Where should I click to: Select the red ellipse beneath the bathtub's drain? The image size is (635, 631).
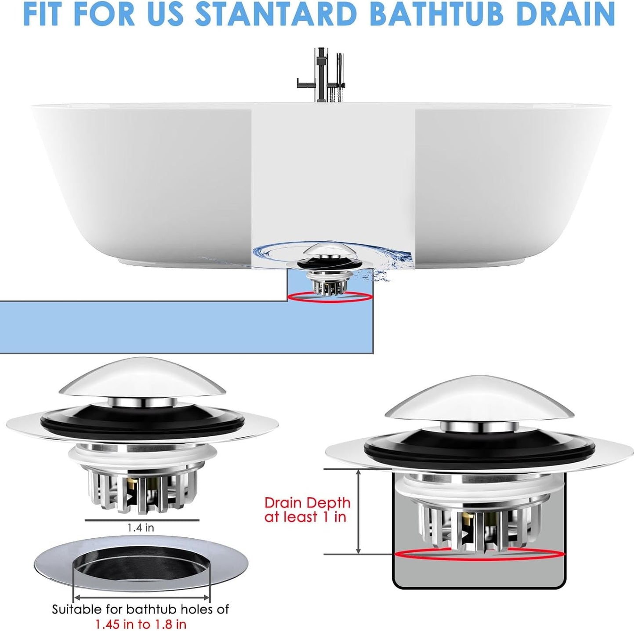330,297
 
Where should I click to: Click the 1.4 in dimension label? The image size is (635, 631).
141,527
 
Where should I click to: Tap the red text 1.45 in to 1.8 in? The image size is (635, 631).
141,624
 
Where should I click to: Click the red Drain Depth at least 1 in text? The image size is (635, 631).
307,510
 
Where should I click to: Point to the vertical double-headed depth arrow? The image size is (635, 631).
359,511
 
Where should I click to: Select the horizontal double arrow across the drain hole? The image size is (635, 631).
142,597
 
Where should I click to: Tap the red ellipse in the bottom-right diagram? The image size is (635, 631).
479,555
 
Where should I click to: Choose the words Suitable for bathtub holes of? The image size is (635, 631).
141,609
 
